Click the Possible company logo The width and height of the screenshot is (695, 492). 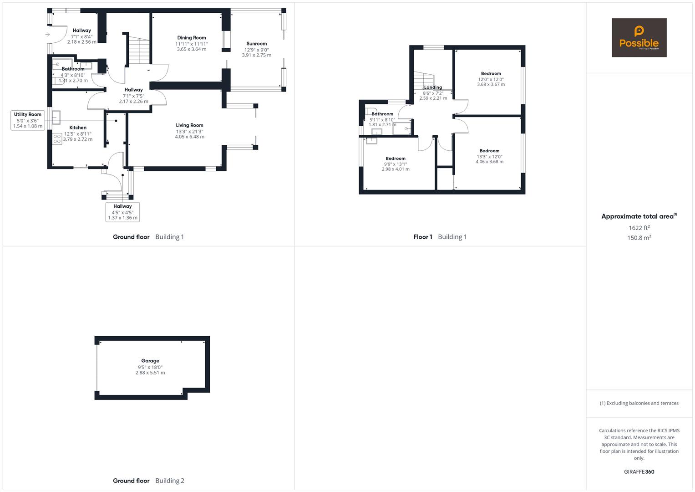pyautogui.click(x=639, y=37)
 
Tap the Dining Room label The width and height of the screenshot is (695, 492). pyautogui.click(x=192, y=38)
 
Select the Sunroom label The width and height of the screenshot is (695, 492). pyautogui.click(x=257, y=44)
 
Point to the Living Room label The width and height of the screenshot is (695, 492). pyautogui.click(x=189, y=125)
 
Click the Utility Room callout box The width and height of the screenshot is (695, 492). pyautogui.click(x=28, y=120)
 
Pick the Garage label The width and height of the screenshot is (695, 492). pyautogui.click(x=150, y=361)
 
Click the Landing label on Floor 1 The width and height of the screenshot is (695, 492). pyautogui.click(x=433, y=87)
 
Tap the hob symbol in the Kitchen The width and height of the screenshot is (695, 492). pyautogui.click(x=57, y=138)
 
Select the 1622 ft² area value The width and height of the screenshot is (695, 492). pyautogui.click(x=639, y=228)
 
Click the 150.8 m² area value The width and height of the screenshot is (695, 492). pyautogui.click(x=639, y=238)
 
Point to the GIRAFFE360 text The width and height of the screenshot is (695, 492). pyautogui.click(x=639, y=472)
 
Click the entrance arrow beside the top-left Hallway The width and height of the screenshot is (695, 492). pyautogui.click(x=47, y=35)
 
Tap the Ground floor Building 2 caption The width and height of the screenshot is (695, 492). pyautogui.click(x=148, y=481)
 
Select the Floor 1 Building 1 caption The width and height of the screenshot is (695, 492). pyautogui.click(x=440, y=237)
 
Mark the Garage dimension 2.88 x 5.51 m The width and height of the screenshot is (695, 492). pyautogui.click(x=150, y=373)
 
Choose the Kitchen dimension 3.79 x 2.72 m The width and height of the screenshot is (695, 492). pyautogui.click(x=78, y=139)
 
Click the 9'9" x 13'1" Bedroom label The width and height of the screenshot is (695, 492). pyautogui.click(x=395, y=159)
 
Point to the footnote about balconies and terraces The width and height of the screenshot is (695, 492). pyautogui.click(x=639, y=403)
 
